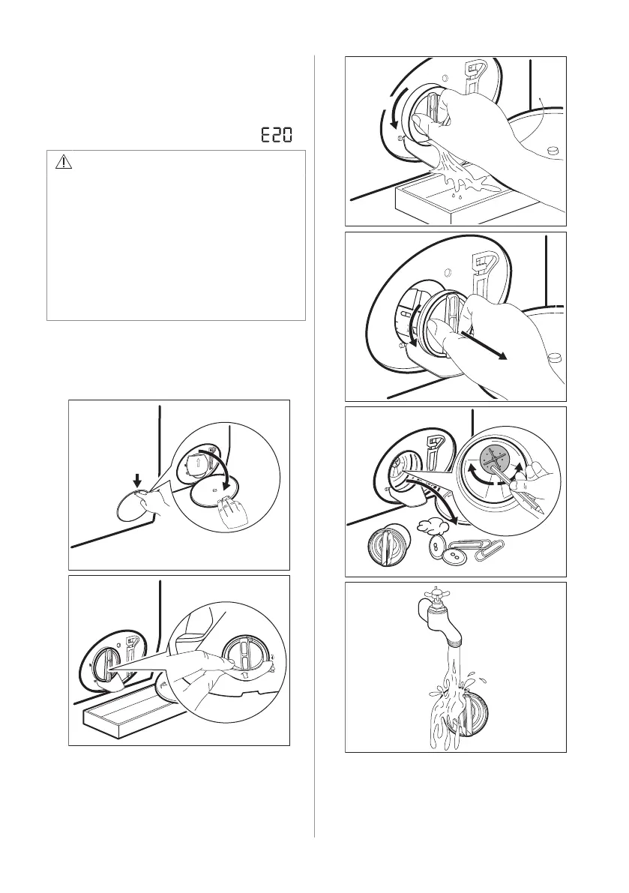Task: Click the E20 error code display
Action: point(277,135)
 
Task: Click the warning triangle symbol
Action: point(64,162)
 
